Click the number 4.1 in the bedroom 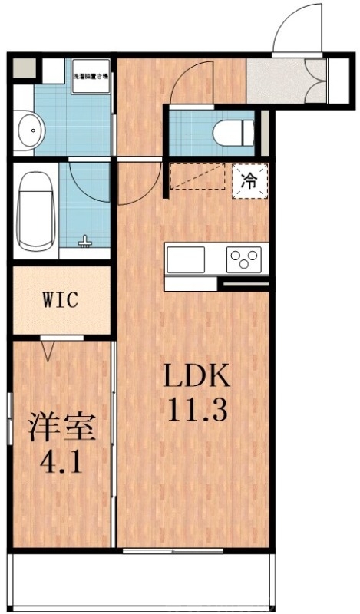63,463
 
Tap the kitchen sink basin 185,259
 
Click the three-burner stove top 244,259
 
